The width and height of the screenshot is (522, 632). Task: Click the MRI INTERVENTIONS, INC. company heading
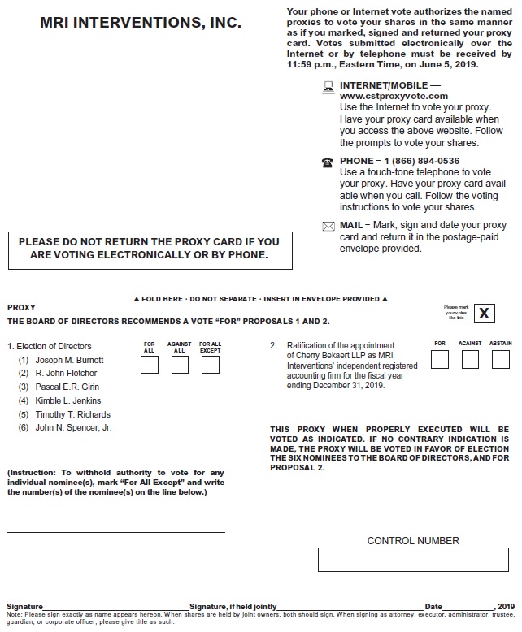click(141, 24)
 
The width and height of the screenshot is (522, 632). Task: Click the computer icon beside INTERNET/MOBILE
click(328, 85)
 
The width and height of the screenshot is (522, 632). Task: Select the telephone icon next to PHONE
click(328, 162)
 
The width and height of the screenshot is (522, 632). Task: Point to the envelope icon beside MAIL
click(328, 226)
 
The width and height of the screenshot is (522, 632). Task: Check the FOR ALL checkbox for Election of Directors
click(150, 365)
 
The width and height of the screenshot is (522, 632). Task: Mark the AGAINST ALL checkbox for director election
click(180, 365)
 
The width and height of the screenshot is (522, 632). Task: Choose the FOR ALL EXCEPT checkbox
click(210, 365)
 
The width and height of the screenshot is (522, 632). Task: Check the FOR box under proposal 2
click(440, 360)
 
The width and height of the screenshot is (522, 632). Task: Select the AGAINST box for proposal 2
click(470, 360)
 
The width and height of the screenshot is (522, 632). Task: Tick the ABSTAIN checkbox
click(501, 360)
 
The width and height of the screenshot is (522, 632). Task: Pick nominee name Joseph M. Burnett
click(69, 360)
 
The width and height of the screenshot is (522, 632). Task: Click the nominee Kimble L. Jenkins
click(68, 400)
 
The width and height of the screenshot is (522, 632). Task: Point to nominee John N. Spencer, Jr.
click(73, 427)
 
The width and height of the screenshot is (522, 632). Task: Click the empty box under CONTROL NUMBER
click(413, 561)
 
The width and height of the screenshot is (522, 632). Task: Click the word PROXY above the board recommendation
click(21, 308)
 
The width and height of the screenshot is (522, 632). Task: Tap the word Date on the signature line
click(433, 607)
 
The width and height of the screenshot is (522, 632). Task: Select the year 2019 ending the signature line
click(505, 607)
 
